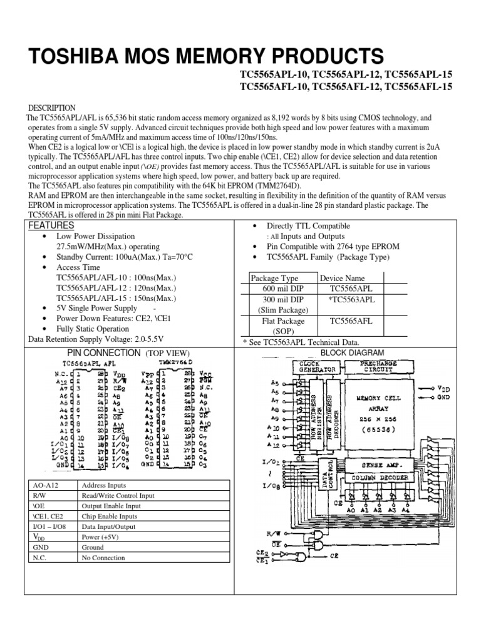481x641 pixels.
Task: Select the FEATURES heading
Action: [51, 225]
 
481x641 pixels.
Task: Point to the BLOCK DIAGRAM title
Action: [352, 353]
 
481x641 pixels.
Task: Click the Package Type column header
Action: [274, 279]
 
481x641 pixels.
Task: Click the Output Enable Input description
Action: [111, 506]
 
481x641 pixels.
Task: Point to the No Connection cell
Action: [103, 558]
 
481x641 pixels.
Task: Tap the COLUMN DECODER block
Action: [380, 478]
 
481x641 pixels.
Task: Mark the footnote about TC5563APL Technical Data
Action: [301, 342]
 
